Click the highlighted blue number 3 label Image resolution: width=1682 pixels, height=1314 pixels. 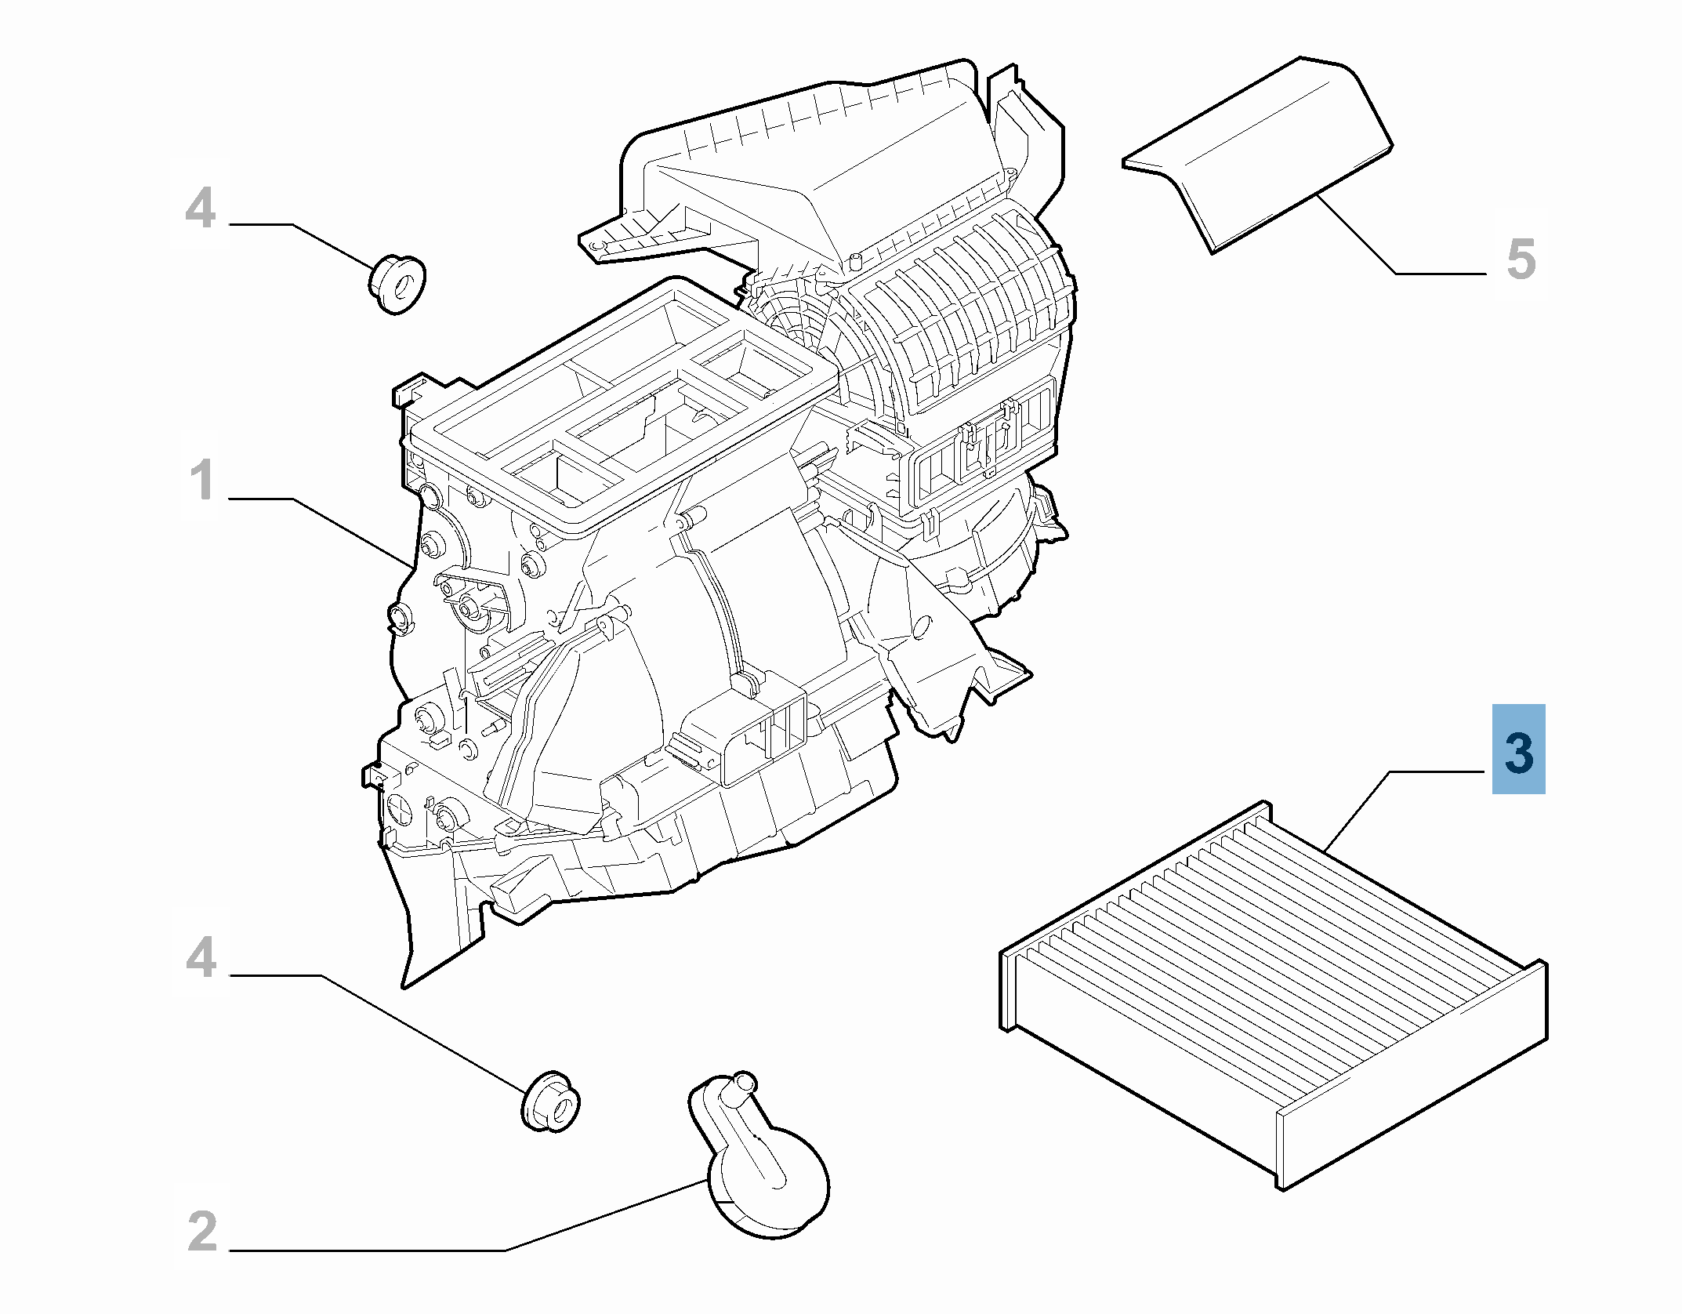(x=1518, y=749)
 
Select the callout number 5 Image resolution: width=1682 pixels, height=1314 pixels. (x=1521, y=260)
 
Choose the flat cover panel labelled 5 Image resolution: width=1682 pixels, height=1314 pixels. (x=1257, y=154)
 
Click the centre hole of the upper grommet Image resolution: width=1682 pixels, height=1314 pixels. (x=405, y=286)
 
